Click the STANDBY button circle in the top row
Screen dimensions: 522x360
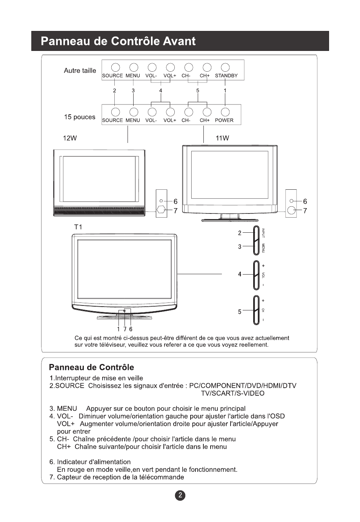pyautogui.click(x=225, y=67)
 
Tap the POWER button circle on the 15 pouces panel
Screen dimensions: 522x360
pyautogui.click(x=225, y=112)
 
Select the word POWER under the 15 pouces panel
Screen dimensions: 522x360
pyautogui.click(x=224, y=120)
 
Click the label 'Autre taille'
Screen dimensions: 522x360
pyautogui.click(x=80, y=71)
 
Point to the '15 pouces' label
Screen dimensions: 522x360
pyautogui.click(x=80, y=117)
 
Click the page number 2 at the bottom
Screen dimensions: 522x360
pyautogui.click(x=180, y=495)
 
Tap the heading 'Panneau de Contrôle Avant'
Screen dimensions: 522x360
pyautogui.click(x=118, y=41)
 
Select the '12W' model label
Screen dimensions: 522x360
pyautogui.click(x=70, y=138)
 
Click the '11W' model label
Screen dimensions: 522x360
pyautogui.click(x=222, y=138)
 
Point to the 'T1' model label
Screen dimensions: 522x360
pyautogui.click(x=78, y=227)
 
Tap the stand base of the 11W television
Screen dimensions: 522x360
pyautogui.click(x=230, y=220)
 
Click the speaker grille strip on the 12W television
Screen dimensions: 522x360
pyautogui.click(x=99, y=211)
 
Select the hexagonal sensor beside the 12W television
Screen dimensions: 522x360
pyautogui.click(x=162, y=210)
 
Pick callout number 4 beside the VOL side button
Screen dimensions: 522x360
pyautogui.click(x=240, y=274)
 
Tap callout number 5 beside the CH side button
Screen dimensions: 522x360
pyautogui.click(x=240, y=312)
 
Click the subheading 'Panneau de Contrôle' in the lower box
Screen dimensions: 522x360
pyautogui.click(x=91, y=367)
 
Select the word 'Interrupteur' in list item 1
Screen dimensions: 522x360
pyautogui.click(x=74, y=378)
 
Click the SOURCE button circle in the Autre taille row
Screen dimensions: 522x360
pyautogui.click(x=115, y=67)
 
